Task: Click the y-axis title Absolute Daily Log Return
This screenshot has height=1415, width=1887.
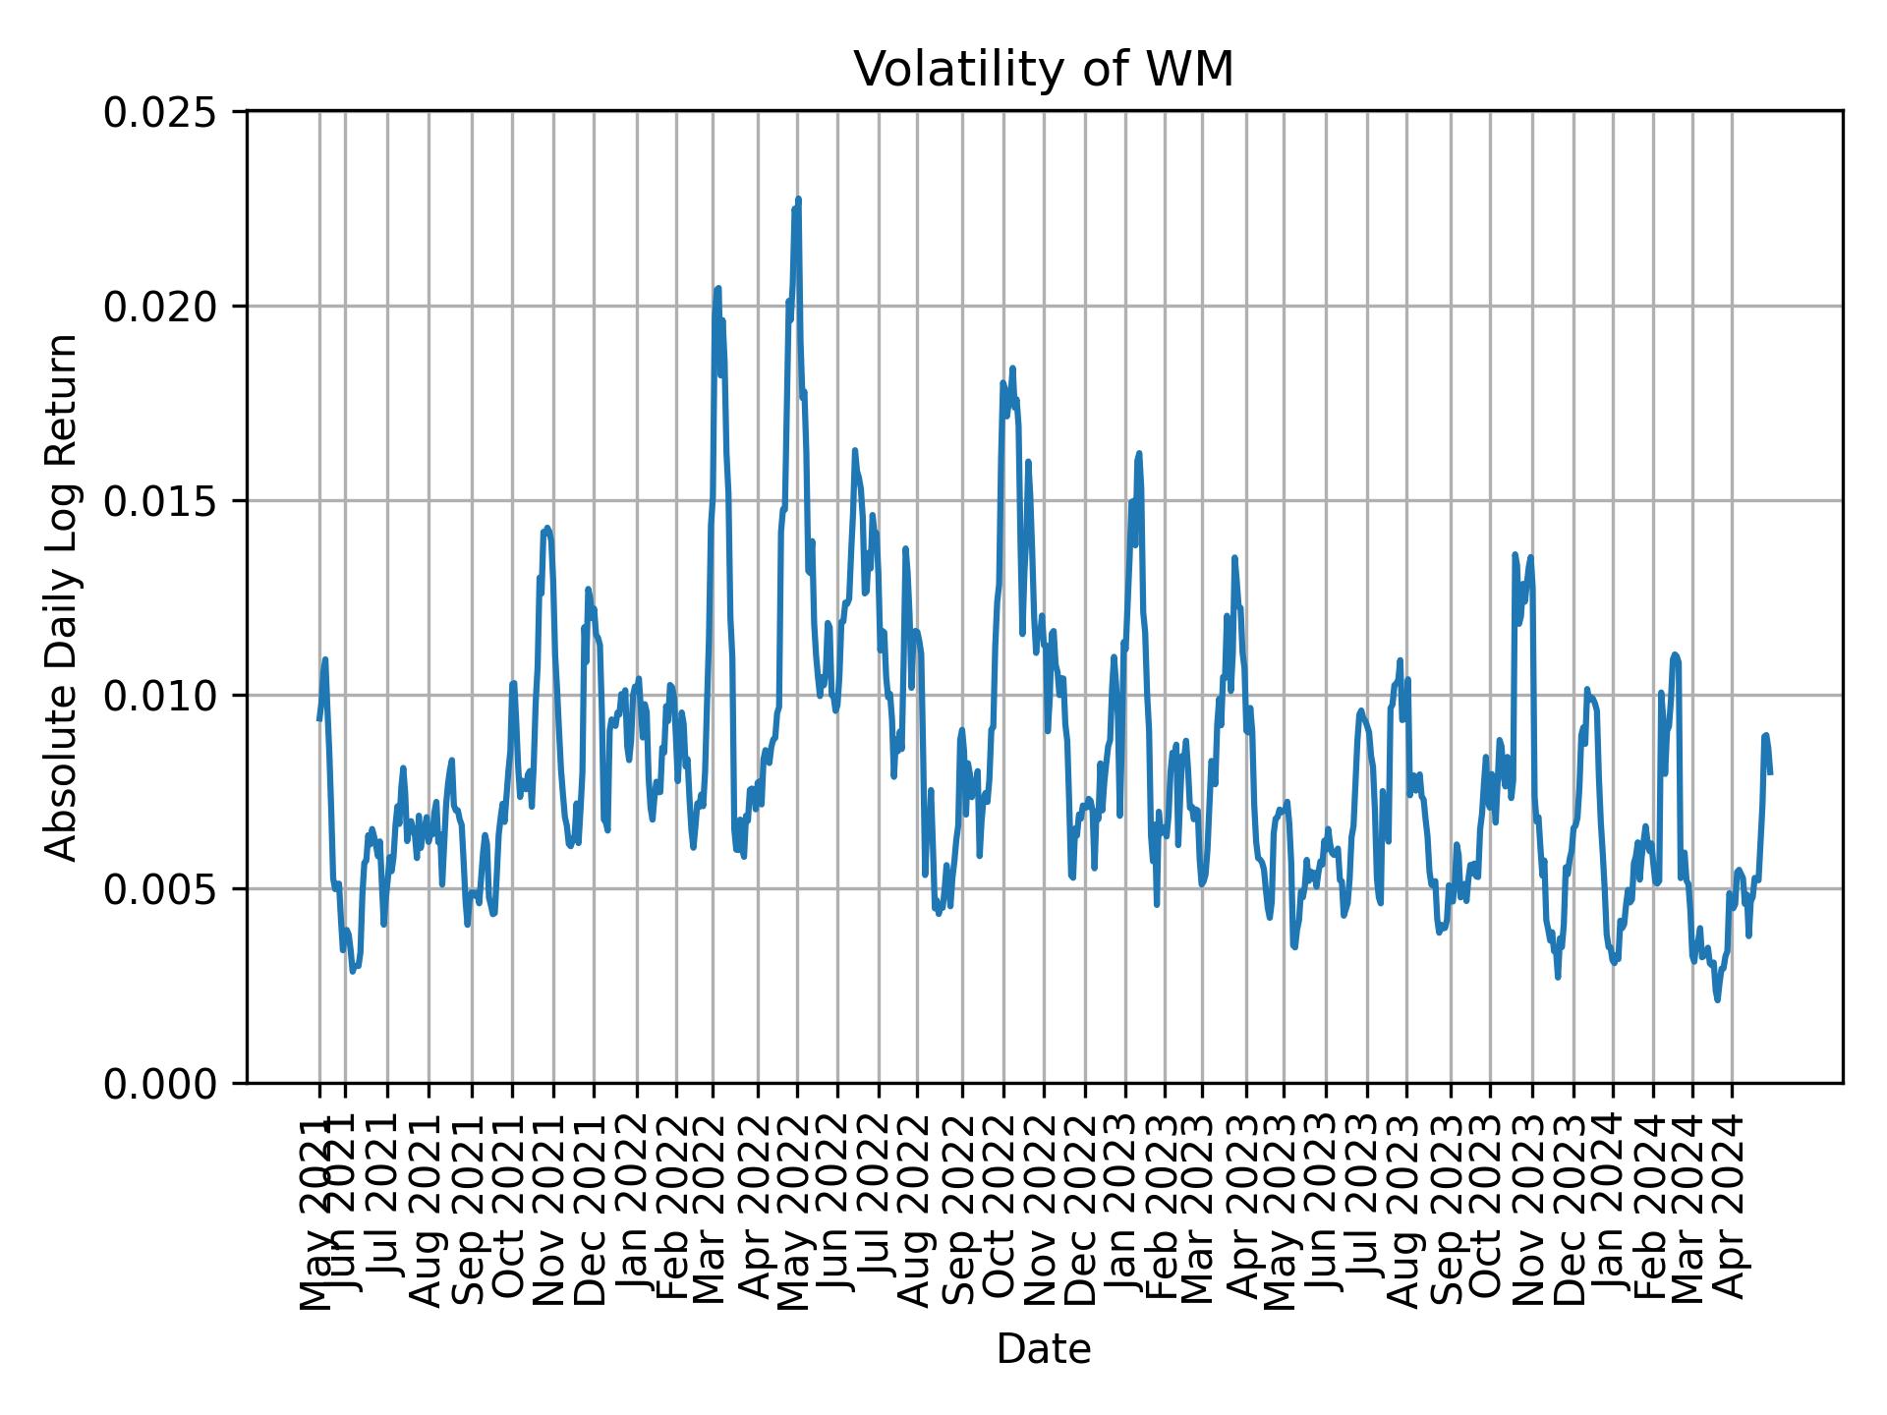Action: (x=62, y=596)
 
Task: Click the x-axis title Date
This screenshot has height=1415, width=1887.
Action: (x=1043, y=1349)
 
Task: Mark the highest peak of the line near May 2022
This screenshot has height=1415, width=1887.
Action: (x=798, y=199)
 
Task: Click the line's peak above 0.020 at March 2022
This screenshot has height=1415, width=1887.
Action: (x=718, y=289)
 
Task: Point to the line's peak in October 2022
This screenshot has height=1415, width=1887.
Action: (x=1012, y=368)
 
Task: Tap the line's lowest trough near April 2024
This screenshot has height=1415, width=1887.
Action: (x=1717, y=999)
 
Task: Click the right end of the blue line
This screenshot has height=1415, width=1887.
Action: (x=1770, y=772)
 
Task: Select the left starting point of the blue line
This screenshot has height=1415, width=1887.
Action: (x=319, y=719)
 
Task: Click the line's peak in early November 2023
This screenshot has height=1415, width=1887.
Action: (x=1515, y=555)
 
